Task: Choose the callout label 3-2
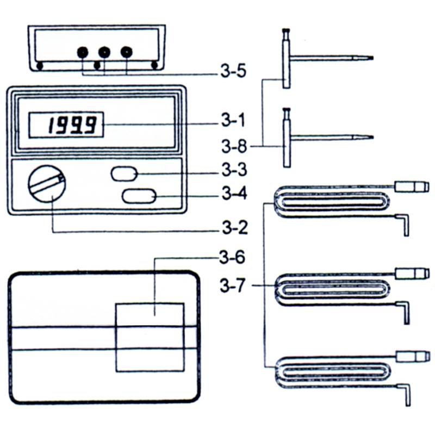click(x=234, y=227)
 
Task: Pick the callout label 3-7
click(x=234, y=285)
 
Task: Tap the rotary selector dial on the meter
click(x=47, y=184)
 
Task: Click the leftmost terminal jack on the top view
click(x=83, y=53)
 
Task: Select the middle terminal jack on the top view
click(x=104, y=53)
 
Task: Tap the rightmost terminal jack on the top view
click(x=126, y=53)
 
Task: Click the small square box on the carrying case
click(x=150, y=337)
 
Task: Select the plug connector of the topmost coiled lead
click(x=412, y=187)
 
